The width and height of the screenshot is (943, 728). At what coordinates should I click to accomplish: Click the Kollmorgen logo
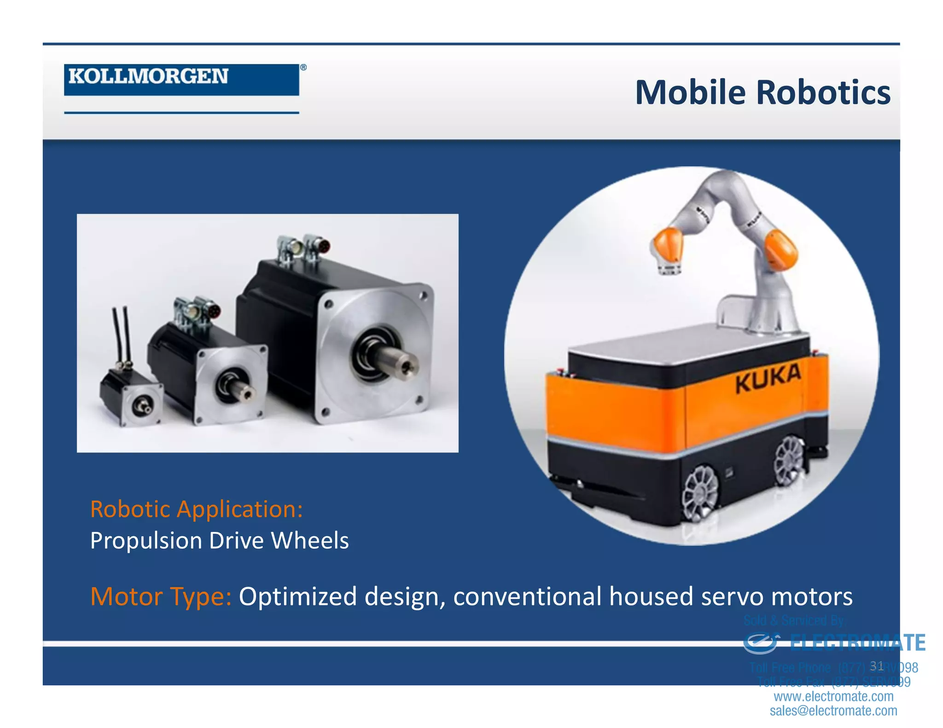coord(181,79)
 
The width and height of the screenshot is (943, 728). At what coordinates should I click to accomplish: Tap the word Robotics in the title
coord(823,92)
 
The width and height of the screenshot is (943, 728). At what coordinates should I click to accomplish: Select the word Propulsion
coord(146,540)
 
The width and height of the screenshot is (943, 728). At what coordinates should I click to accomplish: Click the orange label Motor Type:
coord(161,596)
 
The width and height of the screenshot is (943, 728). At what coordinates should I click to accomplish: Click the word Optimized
coord(297,596)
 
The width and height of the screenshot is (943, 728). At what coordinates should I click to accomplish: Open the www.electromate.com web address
coord(833,696)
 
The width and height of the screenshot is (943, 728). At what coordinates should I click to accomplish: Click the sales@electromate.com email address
coord(833,711)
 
